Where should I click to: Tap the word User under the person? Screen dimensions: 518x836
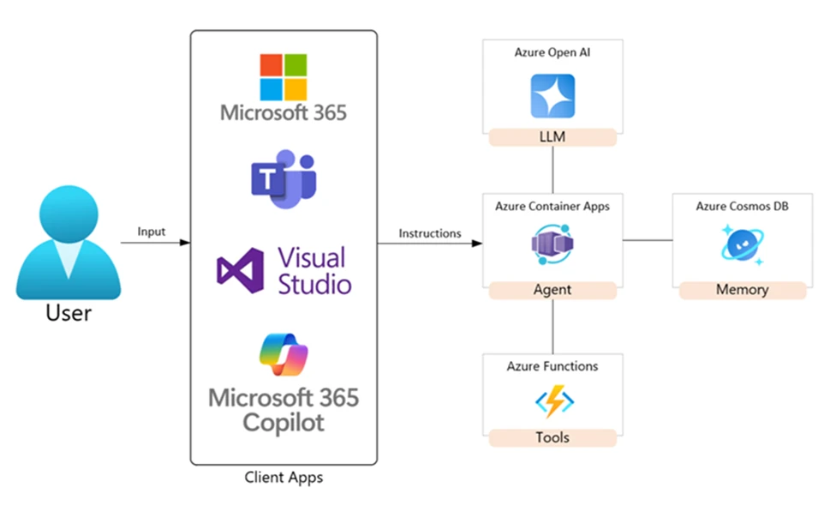click(69, 312)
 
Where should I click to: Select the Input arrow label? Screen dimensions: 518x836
click(151, 232)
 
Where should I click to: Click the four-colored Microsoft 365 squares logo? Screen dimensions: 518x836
click(284, 77)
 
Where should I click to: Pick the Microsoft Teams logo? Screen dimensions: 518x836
click(284, 179)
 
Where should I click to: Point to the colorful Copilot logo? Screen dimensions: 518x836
click(284, 354)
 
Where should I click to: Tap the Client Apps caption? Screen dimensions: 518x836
click(284, 477)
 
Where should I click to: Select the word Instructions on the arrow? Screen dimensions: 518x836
click(430, 233)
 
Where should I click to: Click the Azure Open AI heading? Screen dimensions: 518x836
click(552, 52)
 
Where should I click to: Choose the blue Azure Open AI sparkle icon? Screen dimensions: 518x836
click(552, 95)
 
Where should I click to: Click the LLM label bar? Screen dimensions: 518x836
click(552, 136)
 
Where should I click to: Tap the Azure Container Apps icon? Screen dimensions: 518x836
click(552, 244)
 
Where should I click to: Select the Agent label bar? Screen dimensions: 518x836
click(552, 290)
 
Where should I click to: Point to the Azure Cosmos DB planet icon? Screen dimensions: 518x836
click(741, 244)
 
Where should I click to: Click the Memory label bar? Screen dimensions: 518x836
click(742, 290)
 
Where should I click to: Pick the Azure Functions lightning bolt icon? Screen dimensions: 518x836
click(553, 401)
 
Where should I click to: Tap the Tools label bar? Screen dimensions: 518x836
click(552, 437)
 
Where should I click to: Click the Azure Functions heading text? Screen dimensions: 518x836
click(552, 366)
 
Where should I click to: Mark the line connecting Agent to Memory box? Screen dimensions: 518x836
click(648, 241)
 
